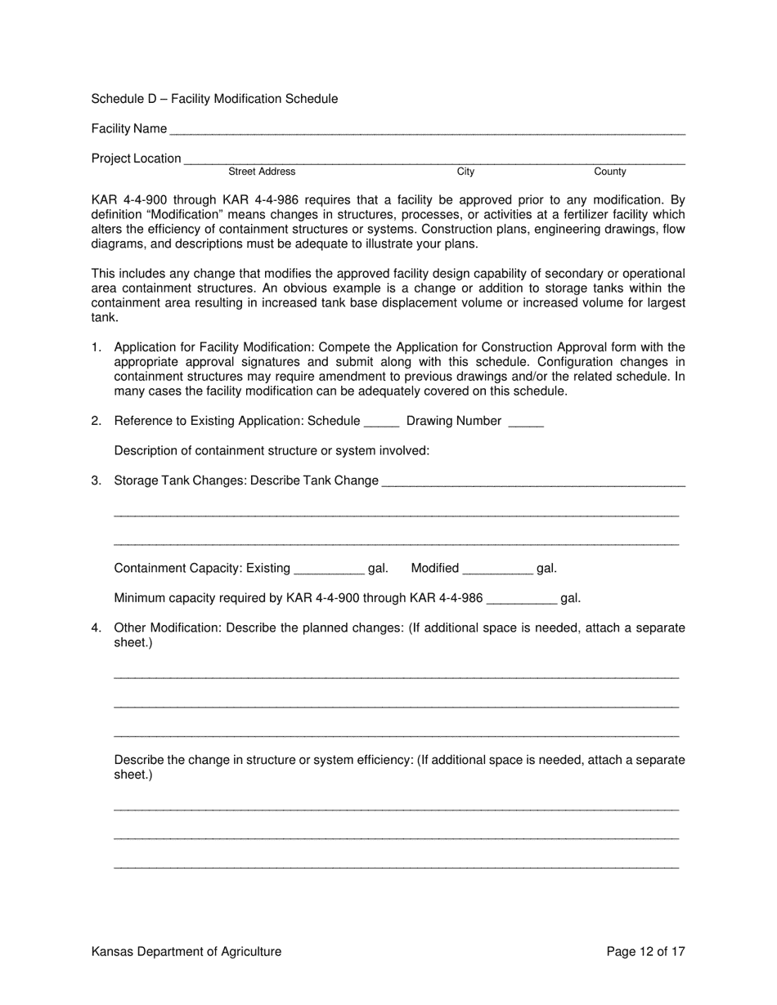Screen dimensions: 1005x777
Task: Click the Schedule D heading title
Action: (214, 99)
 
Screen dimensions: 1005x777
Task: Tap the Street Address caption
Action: (262, 172)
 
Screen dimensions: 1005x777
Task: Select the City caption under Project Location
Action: (465, 172)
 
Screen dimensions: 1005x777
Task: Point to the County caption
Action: (610, 172)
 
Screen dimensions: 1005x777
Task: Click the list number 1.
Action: (97, 347)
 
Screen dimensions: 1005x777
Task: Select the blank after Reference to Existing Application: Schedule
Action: (381, 422)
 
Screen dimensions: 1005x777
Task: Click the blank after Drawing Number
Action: (526, 422)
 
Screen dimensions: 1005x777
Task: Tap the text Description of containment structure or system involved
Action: (272, 451)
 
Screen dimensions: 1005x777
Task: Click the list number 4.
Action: (97, 628)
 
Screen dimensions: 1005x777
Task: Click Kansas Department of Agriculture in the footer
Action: (186, 951)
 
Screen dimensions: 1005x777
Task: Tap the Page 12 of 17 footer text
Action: (645, 951)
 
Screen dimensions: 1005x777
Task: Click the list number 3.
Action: (97, 480)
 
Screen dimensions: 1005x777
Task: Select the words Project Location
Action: (137, 159)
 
